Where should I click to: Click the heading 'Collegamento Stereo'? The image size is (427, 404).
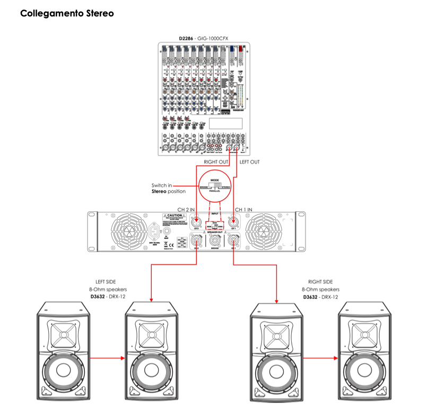(67, 13)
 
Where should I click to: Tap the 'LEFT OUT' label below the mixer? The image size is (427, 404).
(251, 161)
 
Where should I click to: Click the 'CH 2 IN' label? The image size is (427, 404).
(188, 210)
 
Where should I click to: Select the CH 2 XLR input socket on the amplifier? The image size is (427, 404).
(197, 222)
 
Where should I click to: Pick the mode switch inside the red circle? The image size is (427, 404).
(215, 187)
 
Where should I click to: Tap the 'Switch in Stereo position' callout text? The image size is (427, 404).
(169, 188)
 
